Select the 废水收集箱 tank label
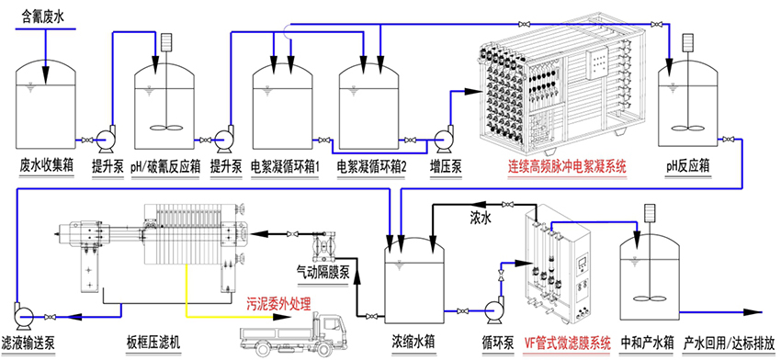pos(47,164)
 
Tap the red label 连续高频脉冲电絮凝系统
pos(566,164)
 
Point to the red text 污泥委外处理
pos(279,302)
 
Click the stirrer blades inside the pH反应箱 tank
pos(689,128)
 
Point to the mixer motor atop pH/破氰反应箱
pos(166,42)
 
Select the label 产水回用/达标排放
pos(730,343)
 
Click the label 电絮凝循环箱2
pos(372,165)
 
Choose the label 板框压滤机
pos(153,343)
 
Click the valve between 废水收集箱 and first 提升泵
pos(87,140)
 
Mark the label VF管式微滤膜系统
pos(567,343)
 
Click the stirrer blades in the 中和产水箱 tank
pos(648,298)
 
